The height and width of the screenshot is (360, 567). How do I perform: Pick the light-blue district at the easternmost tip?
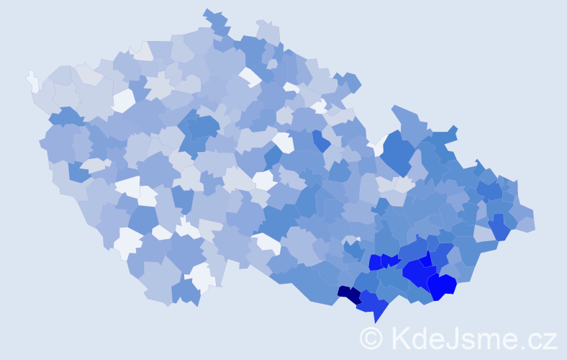(x=525, y=223)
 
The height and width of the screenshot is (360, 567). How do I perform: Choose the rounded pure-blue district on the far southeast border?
(x=442, y=286)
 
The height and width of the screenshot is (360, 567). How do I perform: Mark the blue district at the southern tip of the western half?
(x=186, y=291)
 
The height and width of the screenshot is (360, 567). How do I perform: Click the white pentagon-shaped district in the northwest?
(x=123, y=100)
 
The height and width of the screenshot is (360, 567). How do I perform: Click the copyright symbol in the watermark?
(x=372, y=338)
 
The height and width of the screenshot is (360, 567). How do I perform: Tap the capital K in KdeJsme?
(x=400, y=338)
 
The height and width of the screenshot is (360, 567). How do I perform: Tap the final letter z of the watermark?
(x=550, y=340)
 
